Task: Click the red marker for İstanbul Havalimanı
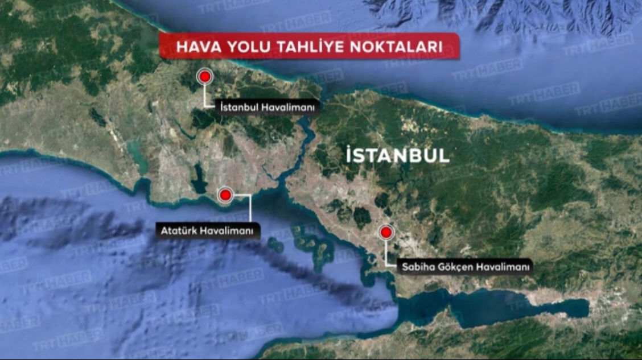point(204,77)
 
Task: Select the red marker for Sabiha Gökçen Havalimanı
point(386,232)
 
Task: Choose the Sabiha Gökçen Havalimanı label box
point(464,266)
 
